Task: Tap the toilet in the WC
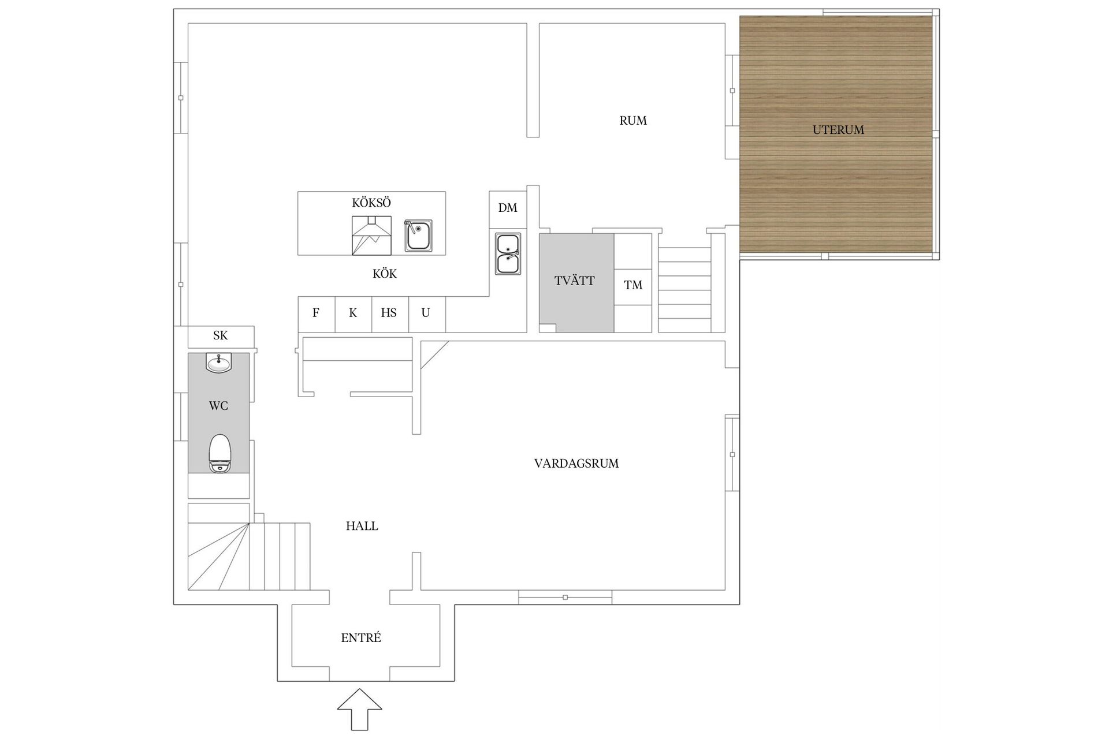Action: pos(220,454)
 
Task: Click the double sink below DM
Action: pos(508,253)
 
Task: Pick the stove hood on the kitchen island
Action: pos(371,236)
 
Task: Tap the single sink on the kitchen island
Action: pos(418,235)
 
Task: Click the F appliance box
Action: pos(316,313)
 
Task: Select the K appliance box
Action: pos(353,313)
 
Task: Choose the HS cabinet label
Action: pos(389,313)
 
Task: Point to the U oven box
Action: pos(426,313)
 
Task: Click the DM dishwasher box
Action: pos(508,208)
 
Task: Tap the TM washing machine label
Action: pos(633,285)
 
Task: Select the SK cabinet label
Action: pos(220,335)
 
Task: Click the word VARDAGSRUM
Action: pos(576,464)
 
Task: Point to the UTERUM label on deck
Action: pos(838,130)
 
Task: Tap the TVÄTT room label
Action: pos(574,281)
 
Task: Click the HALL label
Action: pos(362,526)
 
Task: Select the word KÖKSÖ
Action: pos(371,203)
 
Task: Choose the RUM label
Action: pos(633,121)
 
